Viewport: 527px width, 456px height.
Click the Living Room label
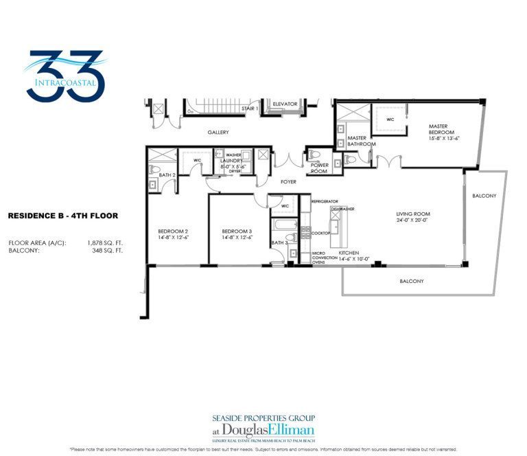click(413, 214)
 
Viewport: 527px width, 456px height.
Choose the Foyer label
click(288, 182)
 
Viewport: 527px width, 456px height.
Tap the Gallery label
click(218, 133)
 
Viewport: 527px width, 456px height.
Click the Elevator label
click(285, 104)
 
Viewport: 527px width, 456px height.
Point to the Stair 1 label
click(249, 109)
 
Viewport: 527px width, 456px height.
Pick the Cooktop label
click(321, 233)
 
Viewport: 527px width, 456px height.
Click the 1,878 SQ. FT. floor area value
click(105, 242)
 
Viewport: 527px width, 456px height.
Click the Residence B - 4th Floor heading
click(62, 216)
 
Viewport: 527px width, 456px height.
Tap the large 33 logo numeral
click(65, 75)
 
